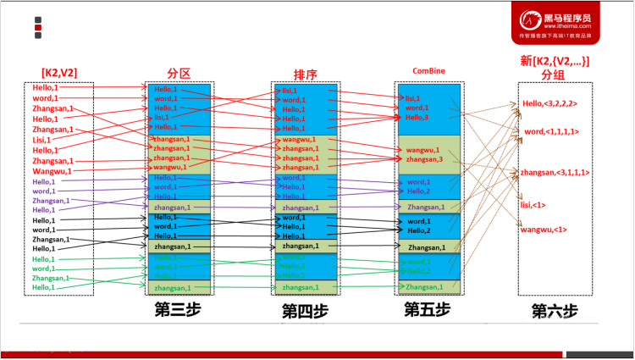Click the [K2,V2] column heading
[58, 73]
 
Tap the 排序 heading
[305, 74]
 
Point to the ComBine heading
[429, 70]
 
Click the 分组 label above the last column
[553, 75]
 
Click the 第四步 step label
[305, 311]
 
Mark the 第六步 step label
[555, 311]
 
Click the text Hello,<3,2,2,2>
[549, 104]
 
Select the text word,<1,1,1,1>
[551, 132]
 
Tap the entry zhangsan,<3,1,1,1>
[555, 173]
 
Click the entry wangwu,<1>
[543, 230]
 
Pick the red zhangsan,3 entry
[424, 158]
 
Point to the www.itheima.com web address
[567, 26]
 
